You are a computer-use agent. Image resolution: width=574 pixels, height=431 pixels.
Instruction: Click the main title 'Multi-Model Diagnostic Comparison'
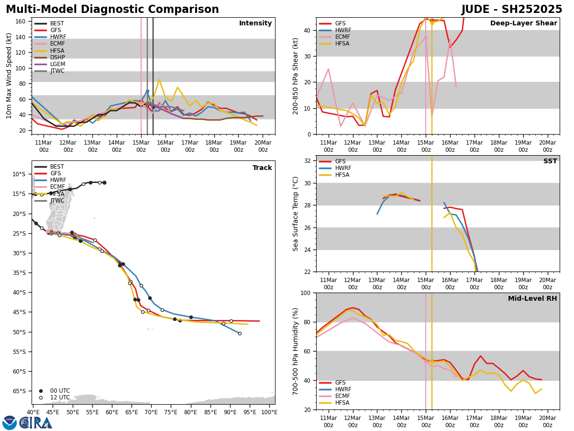112,10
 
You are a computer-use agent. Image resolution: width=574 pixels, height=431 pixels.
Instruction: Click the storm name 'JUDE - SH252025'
511,10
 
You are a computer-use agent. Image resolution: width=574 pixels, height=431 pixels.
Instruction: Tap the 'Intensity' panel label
255,23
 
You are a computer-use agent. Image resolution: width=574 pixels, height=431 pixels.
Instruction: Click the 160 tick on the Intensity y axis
22,22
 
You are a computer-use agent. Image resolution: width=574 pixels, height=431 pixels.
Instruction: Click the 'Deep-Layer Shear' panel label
523,23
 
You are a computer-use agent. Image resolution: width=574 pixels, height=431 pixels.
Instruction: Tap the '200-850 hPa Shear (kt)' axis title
296,76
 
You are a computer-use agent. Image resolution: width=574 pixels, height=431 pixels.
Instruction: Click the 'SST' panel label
550,161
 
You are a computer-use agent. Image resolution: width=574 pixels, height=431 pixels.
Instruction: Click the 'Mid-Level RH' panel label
532,299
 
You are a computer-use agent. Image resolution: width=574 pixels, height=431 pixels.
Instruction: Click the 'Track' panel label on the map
262,168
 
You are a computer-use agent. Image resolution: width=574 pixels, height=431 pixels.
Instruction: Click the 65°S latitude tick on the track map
20,391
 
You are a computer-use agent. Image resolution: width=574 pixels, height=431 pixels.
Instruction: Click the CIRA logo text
36,422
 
